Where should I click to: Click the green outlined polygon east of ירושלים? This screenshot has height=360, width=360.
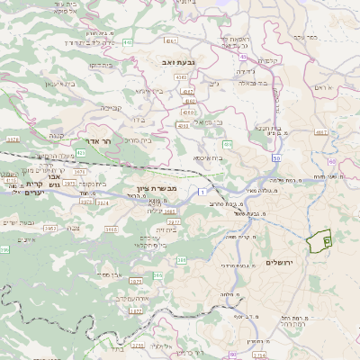coord(319,240)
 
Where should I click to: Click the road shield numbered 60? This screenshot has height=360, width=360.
coord(332,162)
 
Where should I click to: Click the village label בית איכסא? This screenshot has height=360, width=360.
coord(208,157)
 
